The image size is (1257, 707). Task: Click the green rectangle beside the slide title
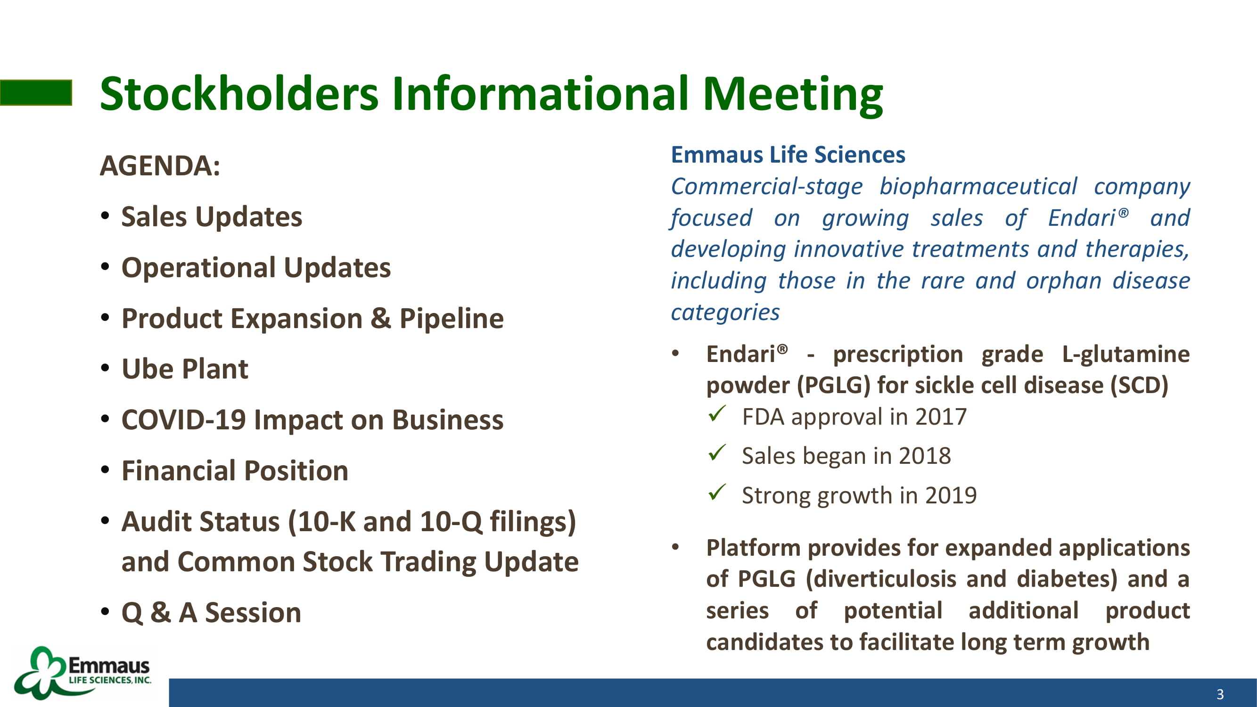pyautogui.click(x=36, y=93)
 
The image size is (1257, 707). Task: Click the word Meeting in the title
pyautogui.click(x=792, y=95)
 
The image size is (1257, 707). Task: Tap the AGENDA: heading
pyautogui.click(x=160, y=165)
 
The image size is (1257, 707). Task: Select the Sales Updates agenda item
pyautogui.click(x=212, y=216)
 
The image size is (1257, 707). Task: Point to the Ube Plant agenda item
pyautogui.click(x=185, y=369)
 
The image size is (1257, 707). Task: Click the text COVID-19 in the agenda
pyautogui.click(x=183, y=419)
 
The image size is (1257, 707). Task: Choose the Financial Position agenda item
pyautogui.click(x=235, y=470)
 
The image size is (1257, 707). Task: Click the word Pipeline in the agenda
pyautogui.click(x=452, y=319)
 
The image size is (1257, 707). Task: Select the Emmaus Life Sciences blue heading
pyautogui.click(x=788, y=155)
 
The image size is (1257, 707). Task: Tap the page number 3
pyautogui.click(x=1220, y=694)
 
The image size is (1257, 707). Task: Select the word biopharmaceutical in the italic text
pyautogui.click(x=978, y=187)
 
